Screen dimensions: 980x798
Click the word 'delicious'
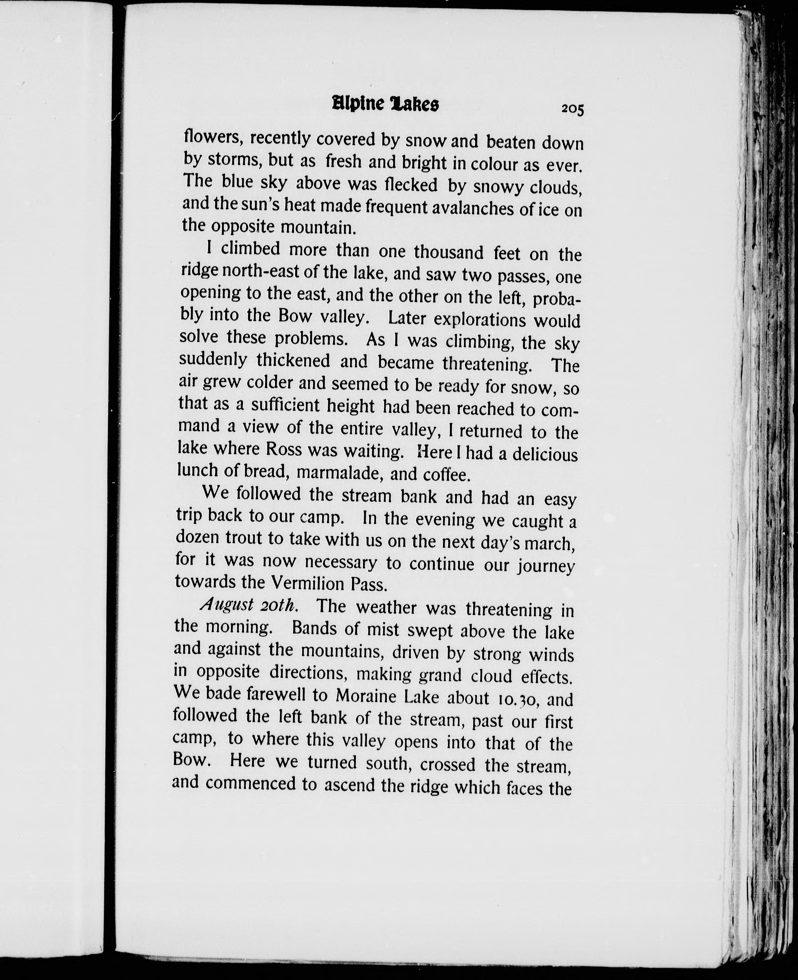pyautogui.click(x=544, y=454)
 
